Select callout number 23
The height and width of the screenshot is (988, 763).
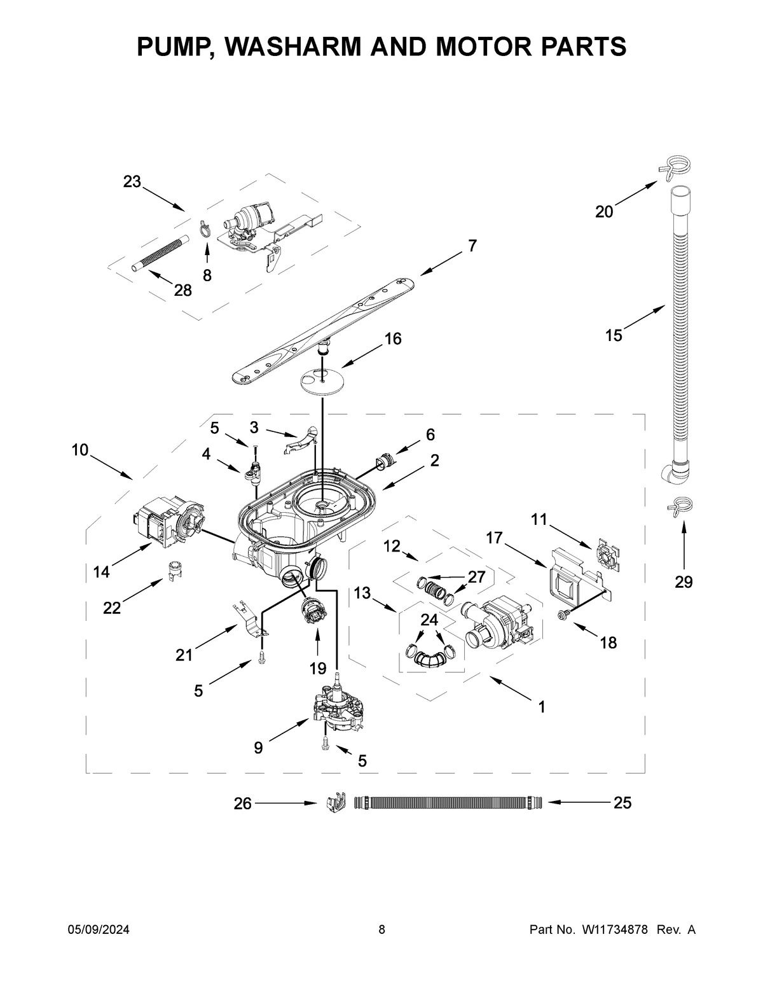132,182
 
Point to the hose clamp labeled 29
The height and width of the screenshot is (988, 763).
679,505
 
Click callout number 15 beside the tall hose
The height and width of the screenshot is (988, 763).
614,335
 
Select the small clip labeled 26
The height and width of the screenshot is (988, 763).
334,803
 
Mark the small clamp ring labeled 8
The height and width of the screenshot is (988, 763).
205,229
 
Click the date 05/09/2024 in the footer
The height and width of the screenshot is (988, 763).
99,930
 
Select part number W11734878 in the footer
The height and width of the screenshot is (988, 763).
613,930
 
